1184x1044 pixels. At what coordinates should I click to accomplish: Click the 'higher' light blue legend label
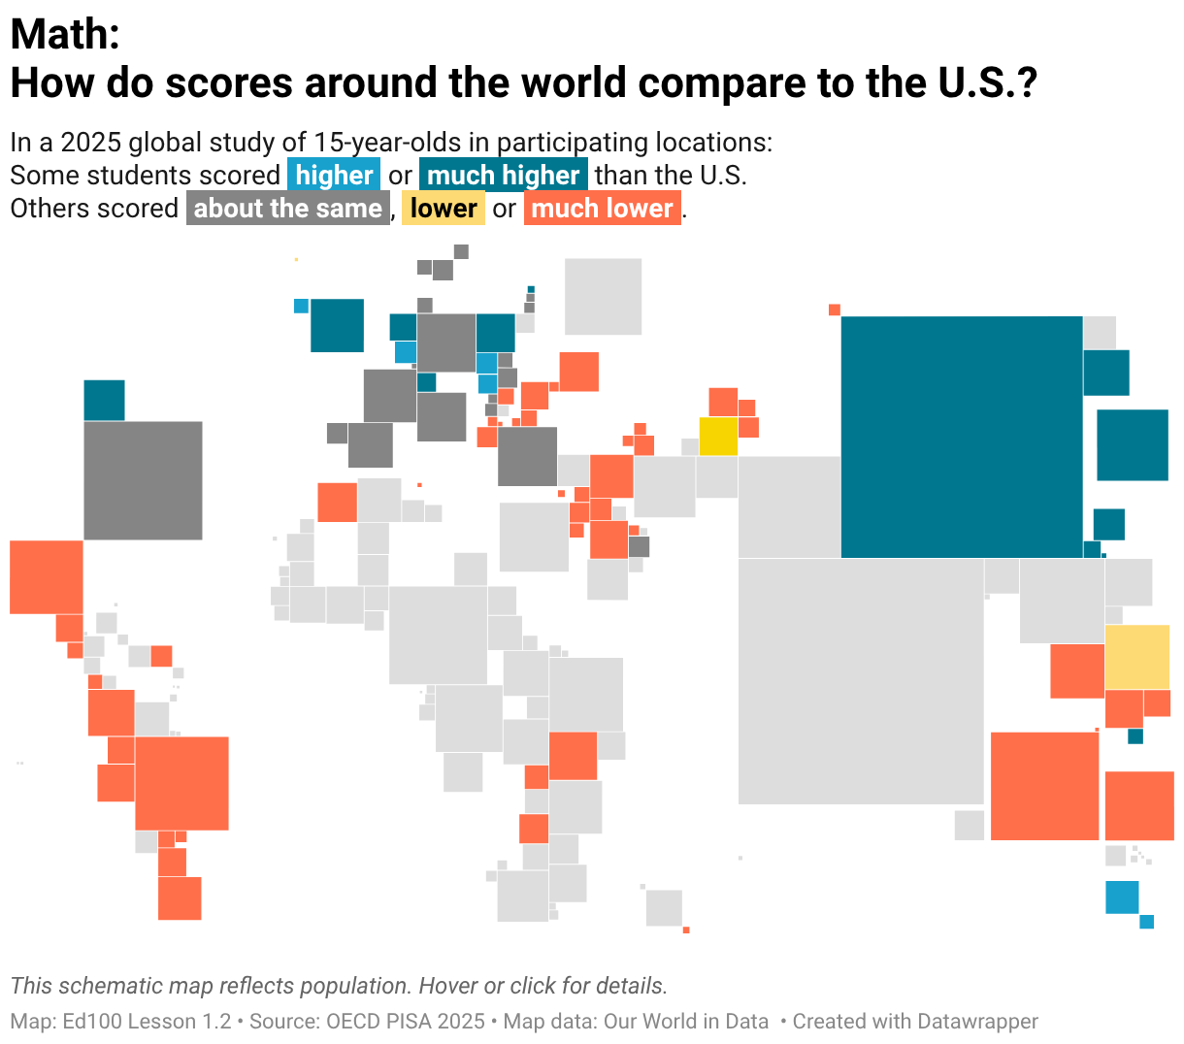point(334,175)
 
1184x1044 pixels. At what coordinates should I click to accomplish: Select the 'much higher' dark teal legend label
point(503,175)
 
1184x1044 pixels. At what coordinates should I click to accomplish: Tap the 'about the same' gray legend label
point(288,208)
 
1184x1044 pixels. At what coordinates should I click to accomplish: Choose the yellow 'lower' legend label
point(444,208)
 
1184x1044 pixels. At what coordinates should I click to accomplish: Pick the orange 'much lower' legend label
point(603,208)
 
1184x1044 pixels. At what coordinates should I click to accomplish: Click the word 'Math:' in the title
point(65,34)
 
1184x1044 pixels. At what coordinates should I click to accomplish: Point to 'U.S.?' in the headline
point(988,82)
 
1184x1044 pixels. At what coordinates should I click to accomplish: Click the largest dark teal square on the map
point(962,437)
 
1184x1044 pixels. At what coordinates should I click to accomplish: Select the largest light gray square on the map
point(861,681)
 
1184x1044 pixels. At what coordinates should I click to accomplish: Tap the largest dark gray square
point(144,481)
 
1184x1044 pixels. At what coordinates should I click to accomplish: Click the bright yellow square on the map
point(718,437)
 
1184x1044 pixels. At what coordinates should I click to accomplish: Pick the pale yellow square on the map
point(1137,657)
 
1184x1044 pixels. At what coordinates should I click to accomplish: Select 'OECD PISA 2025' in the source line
point(406,1022)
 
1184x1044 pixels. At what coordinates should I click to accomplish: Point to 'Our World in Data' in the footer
point(685,1022)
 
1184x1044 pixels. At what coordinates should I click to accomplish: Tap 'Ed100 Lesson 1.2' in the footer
point(147,1022)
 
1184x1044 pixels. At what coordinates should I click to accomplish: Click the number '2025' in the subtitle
point(91,142)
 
